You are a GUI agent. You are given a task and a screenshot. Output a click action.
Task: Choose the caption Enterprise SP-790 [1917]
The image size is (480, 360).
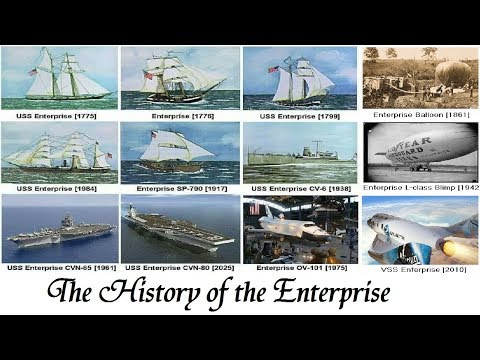coord(179,187)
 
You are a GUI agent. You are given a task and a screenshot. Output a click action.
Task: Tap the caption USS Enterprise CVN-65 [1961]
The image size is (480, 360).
coord(58,268)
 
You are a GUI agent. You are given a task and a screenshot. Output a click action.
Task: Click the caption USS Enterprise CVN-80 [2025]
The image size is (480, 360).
coord(179,268)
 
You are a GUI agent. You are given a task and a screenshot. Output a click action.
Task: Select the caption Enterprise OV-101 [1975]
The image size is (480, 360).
coord(299,268)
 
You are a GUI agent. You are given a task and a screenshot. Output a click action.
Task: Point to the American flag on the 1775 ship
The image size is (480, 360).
coord(32,72)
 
